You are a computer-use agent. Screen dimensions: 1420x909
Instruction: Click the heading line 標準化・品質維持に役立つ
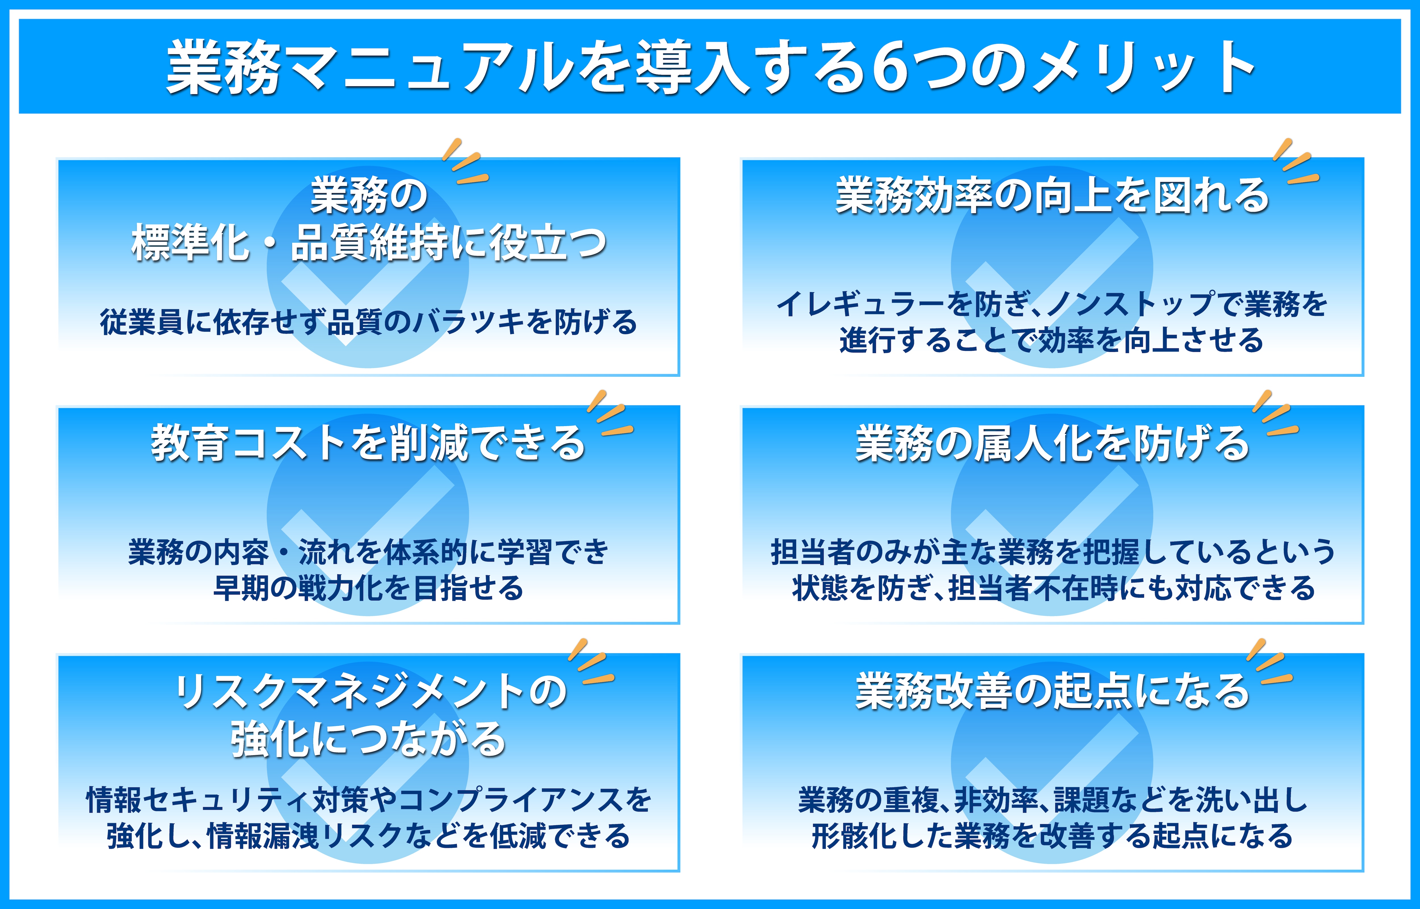click(369, 243)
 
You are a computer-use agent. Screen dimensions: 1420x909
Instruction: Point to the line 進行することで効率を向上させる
click(1052, 341)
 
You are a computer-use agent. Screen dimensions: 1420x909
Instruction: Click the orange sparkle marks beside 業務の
click(465, 161)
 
